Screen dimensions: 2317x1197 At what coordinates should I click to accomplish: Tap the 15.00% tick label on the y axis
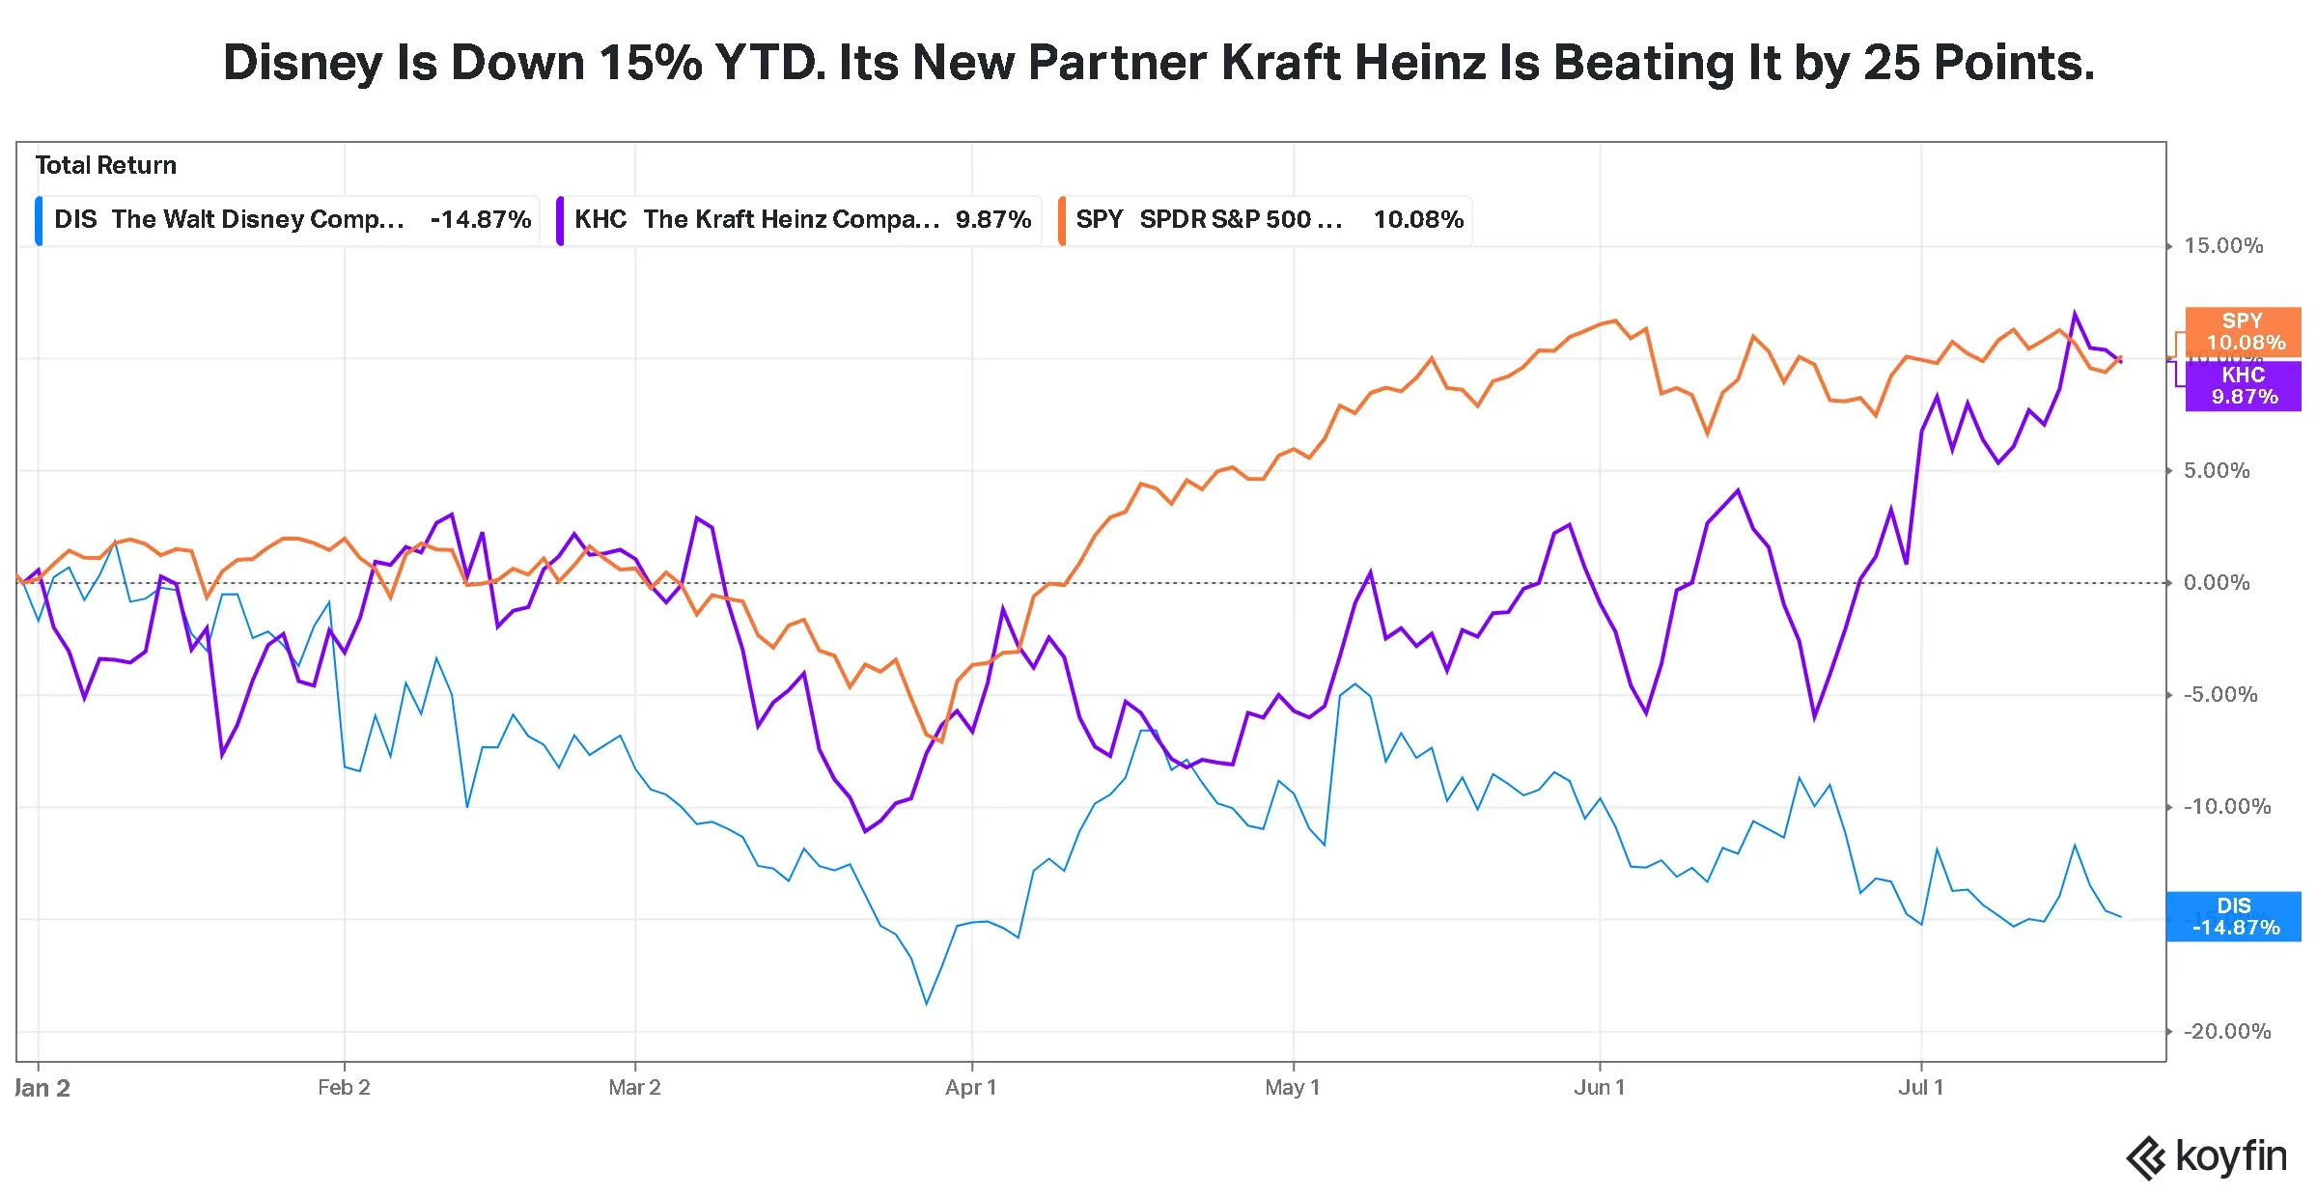click(x=2223, y=246)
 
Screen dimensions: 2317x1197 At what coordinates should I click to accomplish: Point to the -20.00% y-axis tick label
click(x=2227, y=1032)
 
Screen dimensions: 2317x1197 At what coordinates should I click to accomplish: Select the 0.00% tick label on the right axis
click(x=2217, y=583)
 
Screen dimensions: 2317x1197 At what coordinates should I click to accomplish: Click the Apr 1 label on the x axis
click(x=971, y=1088)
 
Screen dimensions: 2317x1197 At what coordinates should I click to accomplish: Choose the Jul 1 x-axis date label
click(x=1921, y=1088)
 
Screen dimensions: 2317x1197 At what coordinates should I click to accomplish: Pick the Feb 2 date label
click(x=344, y=1088)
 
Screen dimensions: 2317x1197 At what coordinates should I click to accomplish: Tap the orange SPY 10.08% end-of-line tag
click(x=2243, y=332)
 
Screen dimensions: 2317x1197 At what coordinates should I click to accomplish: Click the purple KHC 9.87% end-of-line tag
click(x=2243, y=386)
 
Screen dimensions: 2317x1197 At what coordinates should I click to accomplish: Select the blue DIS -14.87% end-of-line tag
click(x=2234, y=917)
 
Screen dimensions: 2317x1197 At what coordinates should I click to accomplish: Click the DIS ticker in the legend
click(x=75, y=220)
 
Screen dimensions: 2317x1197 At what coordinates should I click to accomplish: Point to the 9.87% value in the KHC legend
click(x=993, y=220)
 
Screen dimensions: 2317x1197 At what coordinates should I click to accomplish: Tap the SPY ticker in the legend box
click(x=1100, y=220)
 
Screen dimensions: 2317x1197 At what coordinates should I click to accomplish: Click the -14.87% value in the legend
click(x=481, y=220)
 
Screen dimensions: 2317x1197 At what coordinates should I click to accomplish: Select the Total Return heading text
click(x=106, y=166)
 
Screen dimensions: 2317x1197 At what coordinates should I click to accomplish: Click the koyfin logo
click(x=2206, y=1157)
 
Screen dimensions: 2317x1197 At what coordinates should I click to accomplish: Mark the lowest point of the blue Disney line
click(x=927, y=1004)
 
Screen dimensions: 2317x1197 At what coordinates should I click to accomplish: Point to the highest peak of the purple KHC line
click(x=2075, y=313)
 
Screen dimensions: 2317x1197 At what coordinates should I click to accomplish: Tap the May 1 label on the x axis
click(x=1293, y=1088)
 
